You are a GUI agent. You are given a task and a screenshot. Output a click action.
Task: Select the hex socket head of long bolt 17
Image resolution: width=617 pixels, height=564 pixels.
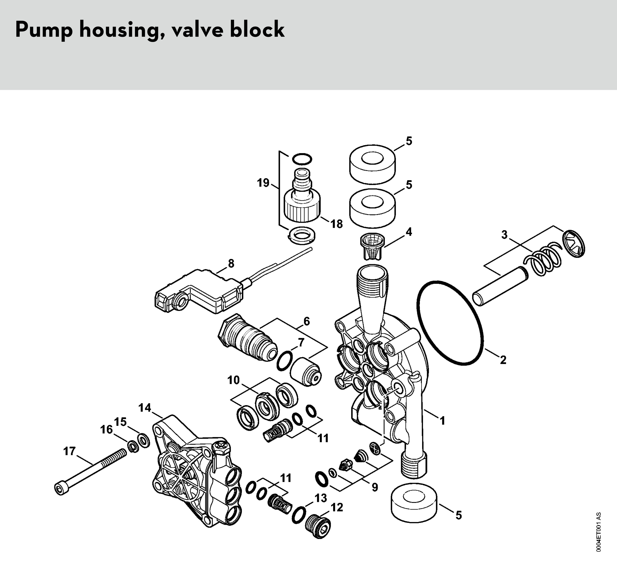click(59, 489)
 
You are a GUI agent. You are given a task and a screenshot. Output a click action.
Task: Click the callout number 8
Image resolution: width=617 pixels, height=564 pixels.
click(231, 263)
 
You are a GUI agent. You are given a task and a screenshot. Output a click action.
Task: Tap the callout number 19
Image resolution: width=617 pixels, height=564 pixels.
click(263, 183)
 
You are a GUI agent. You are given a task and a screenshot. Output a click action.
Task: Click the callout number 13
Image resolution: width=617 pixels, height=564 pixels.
click(321, 498)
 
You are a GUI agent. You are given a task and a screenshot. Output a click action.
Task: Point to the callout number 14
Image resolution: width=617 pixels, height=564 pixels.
click(145, 408)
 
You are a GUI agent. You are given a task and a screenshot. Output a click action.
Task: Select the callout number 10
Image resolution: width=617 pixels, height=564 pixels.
click(233, 380)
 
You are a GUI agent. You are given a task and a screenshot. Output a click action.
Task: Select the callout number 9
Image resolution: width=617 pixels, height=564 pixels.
click(375, 487)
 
